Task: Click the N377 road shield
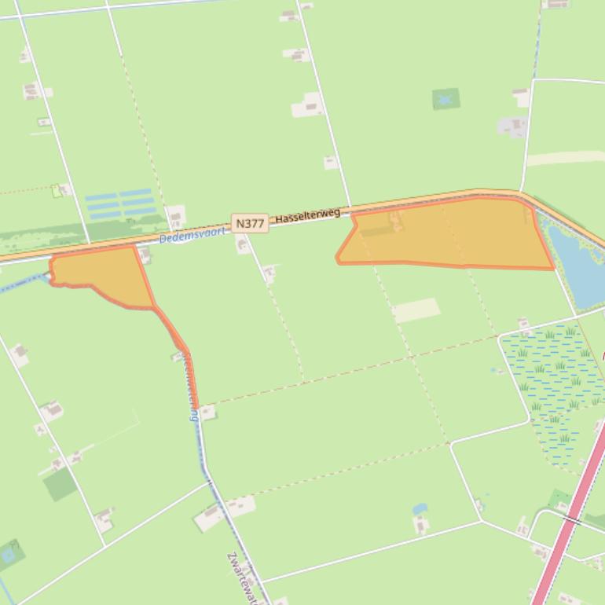pos(250,223)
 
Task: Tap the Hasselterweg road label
pos(307,214)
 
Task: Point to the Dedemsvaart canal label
pos(192,234)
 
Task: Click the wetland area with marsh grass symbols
pos(554,385)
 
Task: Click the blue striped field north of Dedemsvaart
pos(119,203)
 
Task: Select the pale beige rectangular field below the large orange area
pos(416,310)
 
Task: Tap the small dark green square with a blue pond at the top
pos(445,99)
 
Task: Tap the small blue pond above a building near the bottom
pos(420,508)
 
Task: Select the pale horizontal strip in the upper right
pos(564,158)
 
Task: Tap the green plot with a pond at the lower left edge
pos(10,555)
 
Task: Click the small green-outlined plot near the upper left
pos(57,191)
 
